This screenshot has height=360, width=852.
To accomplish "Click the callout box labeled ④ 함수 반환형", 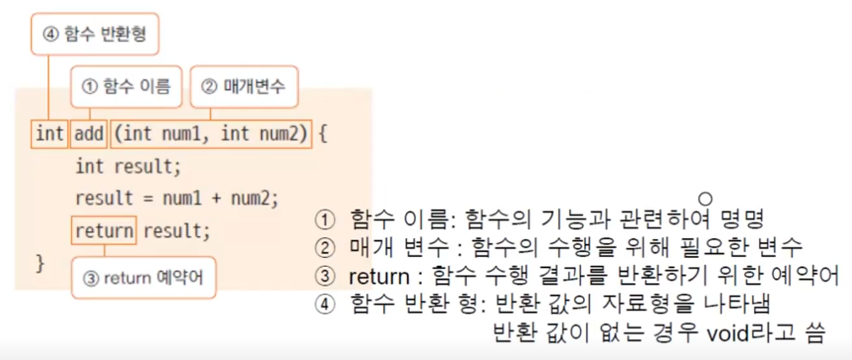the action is pos(95,34).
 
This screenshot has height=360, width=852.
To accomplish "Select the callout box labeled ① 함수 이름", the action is pos(126,87).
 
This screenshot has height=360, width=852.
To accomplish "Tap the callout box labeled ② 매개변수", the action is pos(244,87).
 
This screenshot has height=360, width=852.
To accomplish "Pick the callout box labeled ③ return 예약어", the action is pos(143,278).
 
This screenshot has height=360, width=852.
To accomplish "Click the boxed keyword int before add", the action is pos(50,134).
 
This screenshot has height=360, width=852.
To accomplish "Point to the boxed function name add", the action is pos(89,134).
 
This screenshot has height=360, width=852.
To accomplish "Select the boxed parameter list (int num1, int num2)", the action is pos(211,134).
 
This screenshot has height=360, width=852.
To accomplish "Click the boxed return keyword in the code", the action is pos(104,231).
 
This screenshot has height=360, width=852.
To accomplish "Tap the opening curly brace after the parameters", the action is pos(323,134).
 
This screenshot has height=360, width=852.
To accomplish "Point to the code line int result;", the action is pos(128,166).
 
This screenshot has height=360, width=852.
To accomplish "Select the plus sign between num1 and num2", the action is pos(216,199).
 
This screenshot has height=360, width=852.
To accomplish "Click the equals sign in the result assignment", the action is pos(148,199).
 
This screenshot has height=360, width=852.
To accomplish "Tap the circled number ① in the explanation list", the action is pos(325,220).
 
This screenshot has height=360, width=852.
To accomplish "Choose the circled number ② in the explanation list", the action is pos(325,248).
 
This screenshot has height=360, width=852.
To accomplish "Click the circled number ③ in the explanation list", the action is pos(325,276).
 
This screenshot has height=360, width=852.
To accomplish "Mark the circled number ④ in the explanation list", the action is pos(325,304).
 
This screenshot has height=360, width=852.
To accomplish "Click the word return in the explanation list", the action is pos(379,277).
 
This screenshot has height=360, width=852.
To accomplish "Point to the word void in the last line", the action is pos(728,334).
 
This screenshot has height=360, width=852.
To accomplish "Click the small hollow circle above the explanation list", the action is pos(705,199).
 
